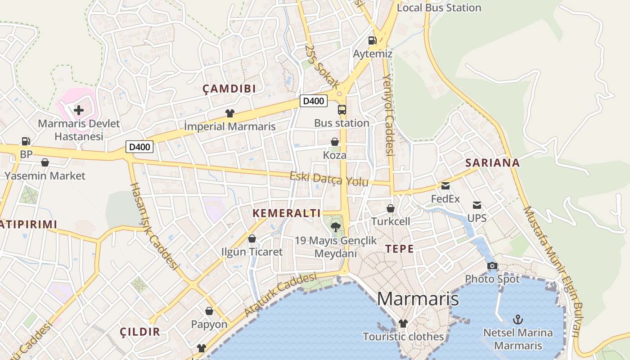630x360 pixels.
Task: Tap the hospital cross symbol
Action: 79,110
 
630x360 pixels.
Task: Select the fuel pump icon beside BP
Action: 26,141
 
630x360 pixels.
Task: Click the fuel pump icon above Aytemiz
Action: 372,40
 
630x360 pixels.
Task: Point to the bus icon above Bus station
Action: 342,109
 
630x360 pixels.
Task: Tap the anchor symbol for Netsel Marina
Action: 518,320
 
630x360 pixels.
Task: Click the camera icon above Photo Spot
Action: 492,265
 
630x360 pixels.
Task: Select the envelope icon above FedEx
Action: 445,185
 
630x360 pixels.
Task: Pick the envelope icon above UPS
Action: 477,205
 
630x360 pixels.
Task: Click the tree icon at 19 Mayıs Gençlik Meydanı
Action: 335,227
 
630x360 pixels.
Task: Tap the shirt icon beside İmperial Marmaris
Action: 230,113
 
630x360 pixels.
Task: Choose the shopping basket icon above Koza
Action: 335,142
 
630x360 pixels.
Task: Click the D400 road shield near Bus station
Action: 313,101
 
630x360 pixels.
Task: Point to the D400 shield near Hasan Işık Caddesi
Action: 139,147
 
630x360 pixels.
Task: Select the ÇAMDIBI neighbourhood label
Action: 229,89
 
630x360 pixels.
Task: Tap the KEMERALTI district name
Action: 287,213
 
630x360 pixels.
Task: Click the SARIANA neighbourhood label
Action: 492,163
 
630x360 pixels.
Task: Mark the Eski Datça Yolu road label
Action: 329,179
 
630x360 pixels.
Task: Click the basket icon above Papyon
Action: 209,310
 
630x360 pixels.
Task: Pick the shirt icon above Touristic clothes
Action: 403,323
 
